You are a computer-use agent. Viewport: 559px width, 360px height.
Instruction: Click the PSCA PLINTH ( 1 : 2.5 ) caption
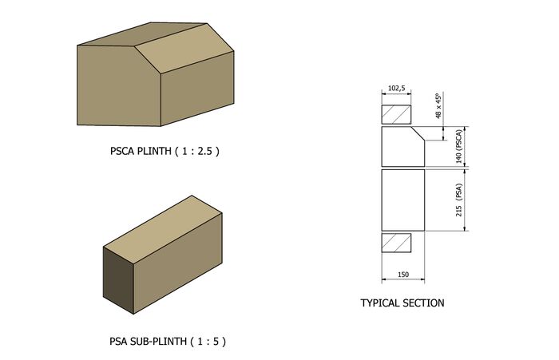[x=165, y=150]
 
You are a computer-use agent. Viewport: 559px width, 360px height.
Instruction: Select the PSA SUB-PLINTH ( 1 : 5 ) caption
[x=168, y=341]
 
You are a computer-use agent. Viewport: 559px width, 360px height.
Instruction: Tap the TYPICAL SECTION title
[x=402, y=303]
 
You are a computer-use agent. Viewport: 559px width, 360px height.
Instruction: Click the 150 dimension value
[x=402, y=274]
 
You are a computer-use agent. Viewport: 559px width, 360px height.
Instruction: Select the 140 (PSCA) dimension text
[x=458, y=145]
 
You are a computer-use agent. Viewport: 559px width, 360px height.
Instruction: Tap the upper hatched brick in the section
[x=397, y=113]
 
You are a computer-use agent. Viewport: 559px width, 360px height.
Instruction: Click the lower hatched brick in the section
[x=396, y=242]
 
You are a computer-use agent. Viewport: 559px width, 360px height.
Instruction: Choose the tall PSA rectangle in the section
[x=402, y=199]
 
